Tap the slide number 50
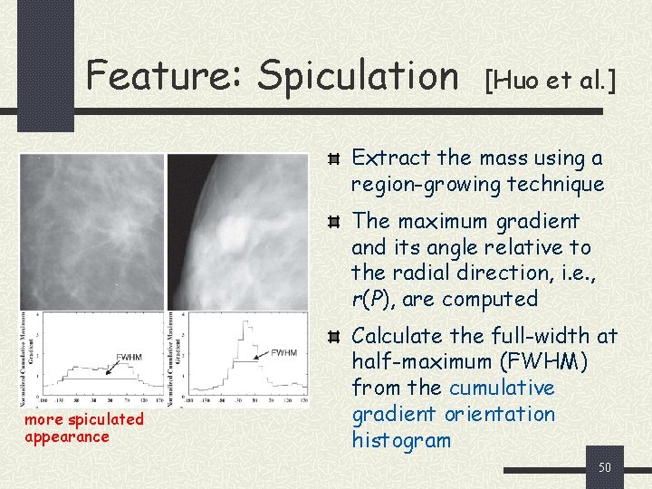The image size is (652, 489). coord(605,467)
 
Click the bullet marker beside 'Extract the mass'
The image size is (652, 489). coord(334,159)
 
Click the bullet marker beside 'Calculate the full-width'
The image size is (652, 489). coord(334,338)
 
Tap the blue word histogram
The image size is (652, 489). coord(400,441)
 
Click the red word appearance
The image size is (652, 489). coord(66,436)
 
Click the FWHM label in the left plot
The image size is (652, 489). coord(129,357)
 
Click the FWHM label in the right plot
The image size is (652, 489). coord(283,351)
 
